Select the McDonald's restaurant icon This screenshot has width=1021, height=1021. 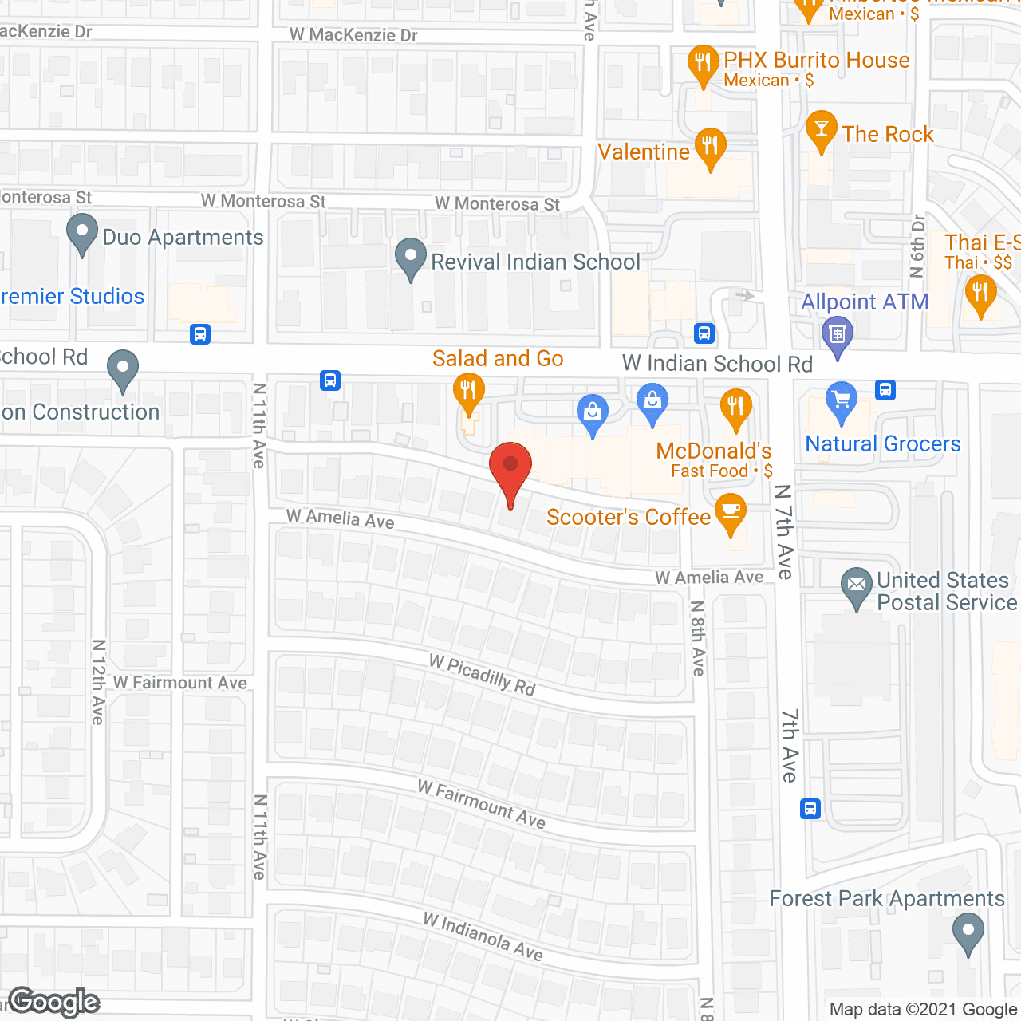coord(735,408)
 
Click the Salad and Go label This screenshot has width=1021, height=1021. coord(498,359)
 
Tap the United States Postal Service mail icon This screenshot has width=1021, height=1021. coord(857,585)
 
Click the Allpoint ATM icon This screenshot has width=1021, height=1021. coord(837,334)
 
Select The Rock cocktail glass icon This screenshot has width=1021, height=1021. coord(821,129)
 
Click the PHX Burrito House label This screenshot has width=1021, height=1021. coord(817,61)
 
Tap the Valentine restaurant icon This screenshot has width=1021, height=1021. coord(709,147)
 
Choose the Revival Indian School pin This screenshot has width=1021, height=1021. coord(411,258)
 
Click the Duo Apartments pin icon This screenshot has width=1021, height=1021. coord(81,233)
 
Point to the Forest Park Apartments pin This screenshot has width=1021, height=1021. coord(968,932)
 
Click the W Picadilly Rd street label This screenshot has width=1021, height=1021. coord(483,675)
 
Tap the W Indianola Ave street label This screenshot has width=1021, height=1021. coord(483,936)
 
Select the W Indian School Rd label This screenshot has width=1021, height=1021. coord(717,365)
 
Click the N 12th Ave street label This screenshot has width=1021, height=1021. coord(98,681)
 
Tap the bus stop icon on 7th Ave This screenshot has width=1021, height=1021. coord(810,809)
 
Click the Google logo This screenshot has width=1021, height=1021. coord(54,1002)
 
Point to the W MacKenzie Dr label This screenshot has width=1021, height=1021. coord(353,35)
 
